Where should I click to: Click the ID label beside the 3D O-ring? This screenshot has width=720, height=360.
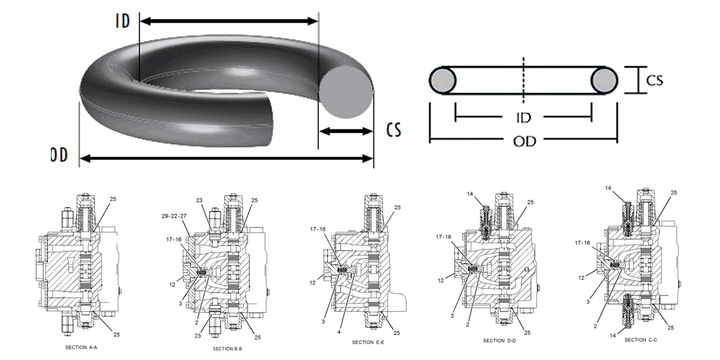click(123, 21)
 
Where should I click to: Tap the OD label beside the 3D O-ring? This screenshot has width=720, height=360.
click(59, 155)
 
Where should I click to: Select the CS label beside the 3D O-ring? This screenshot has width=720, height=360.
click(394, 130)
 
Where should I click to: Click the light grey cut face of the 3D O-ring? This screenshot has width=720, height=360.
click(346, 92)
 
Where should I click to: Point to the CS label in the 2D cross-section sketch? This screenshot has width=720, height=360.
click(655, 80)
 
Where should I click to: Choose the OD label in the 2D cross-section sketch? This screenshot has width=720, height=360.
click(525, 142)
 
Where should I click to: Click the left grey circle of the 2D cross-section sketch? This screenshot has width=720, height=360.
click(443, 81)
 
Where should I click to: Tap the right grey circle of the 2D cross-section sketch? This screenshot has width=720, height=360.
click(604, 81)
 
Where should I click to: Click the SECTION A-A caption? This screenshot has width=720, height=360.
click(81, 347)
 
